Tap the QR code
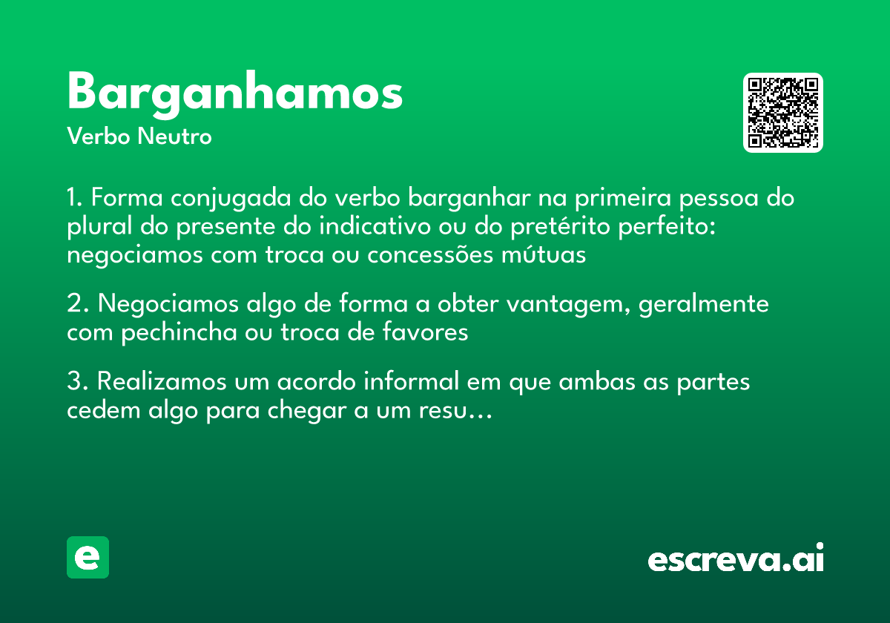[x=782, y=113]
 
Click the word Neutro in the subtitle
[x=174, y=136]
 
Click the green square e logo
[x=88, y=557]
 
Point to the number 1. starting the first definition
[x=76, y=199]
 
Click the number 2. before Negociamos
[x=77, y=304]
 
